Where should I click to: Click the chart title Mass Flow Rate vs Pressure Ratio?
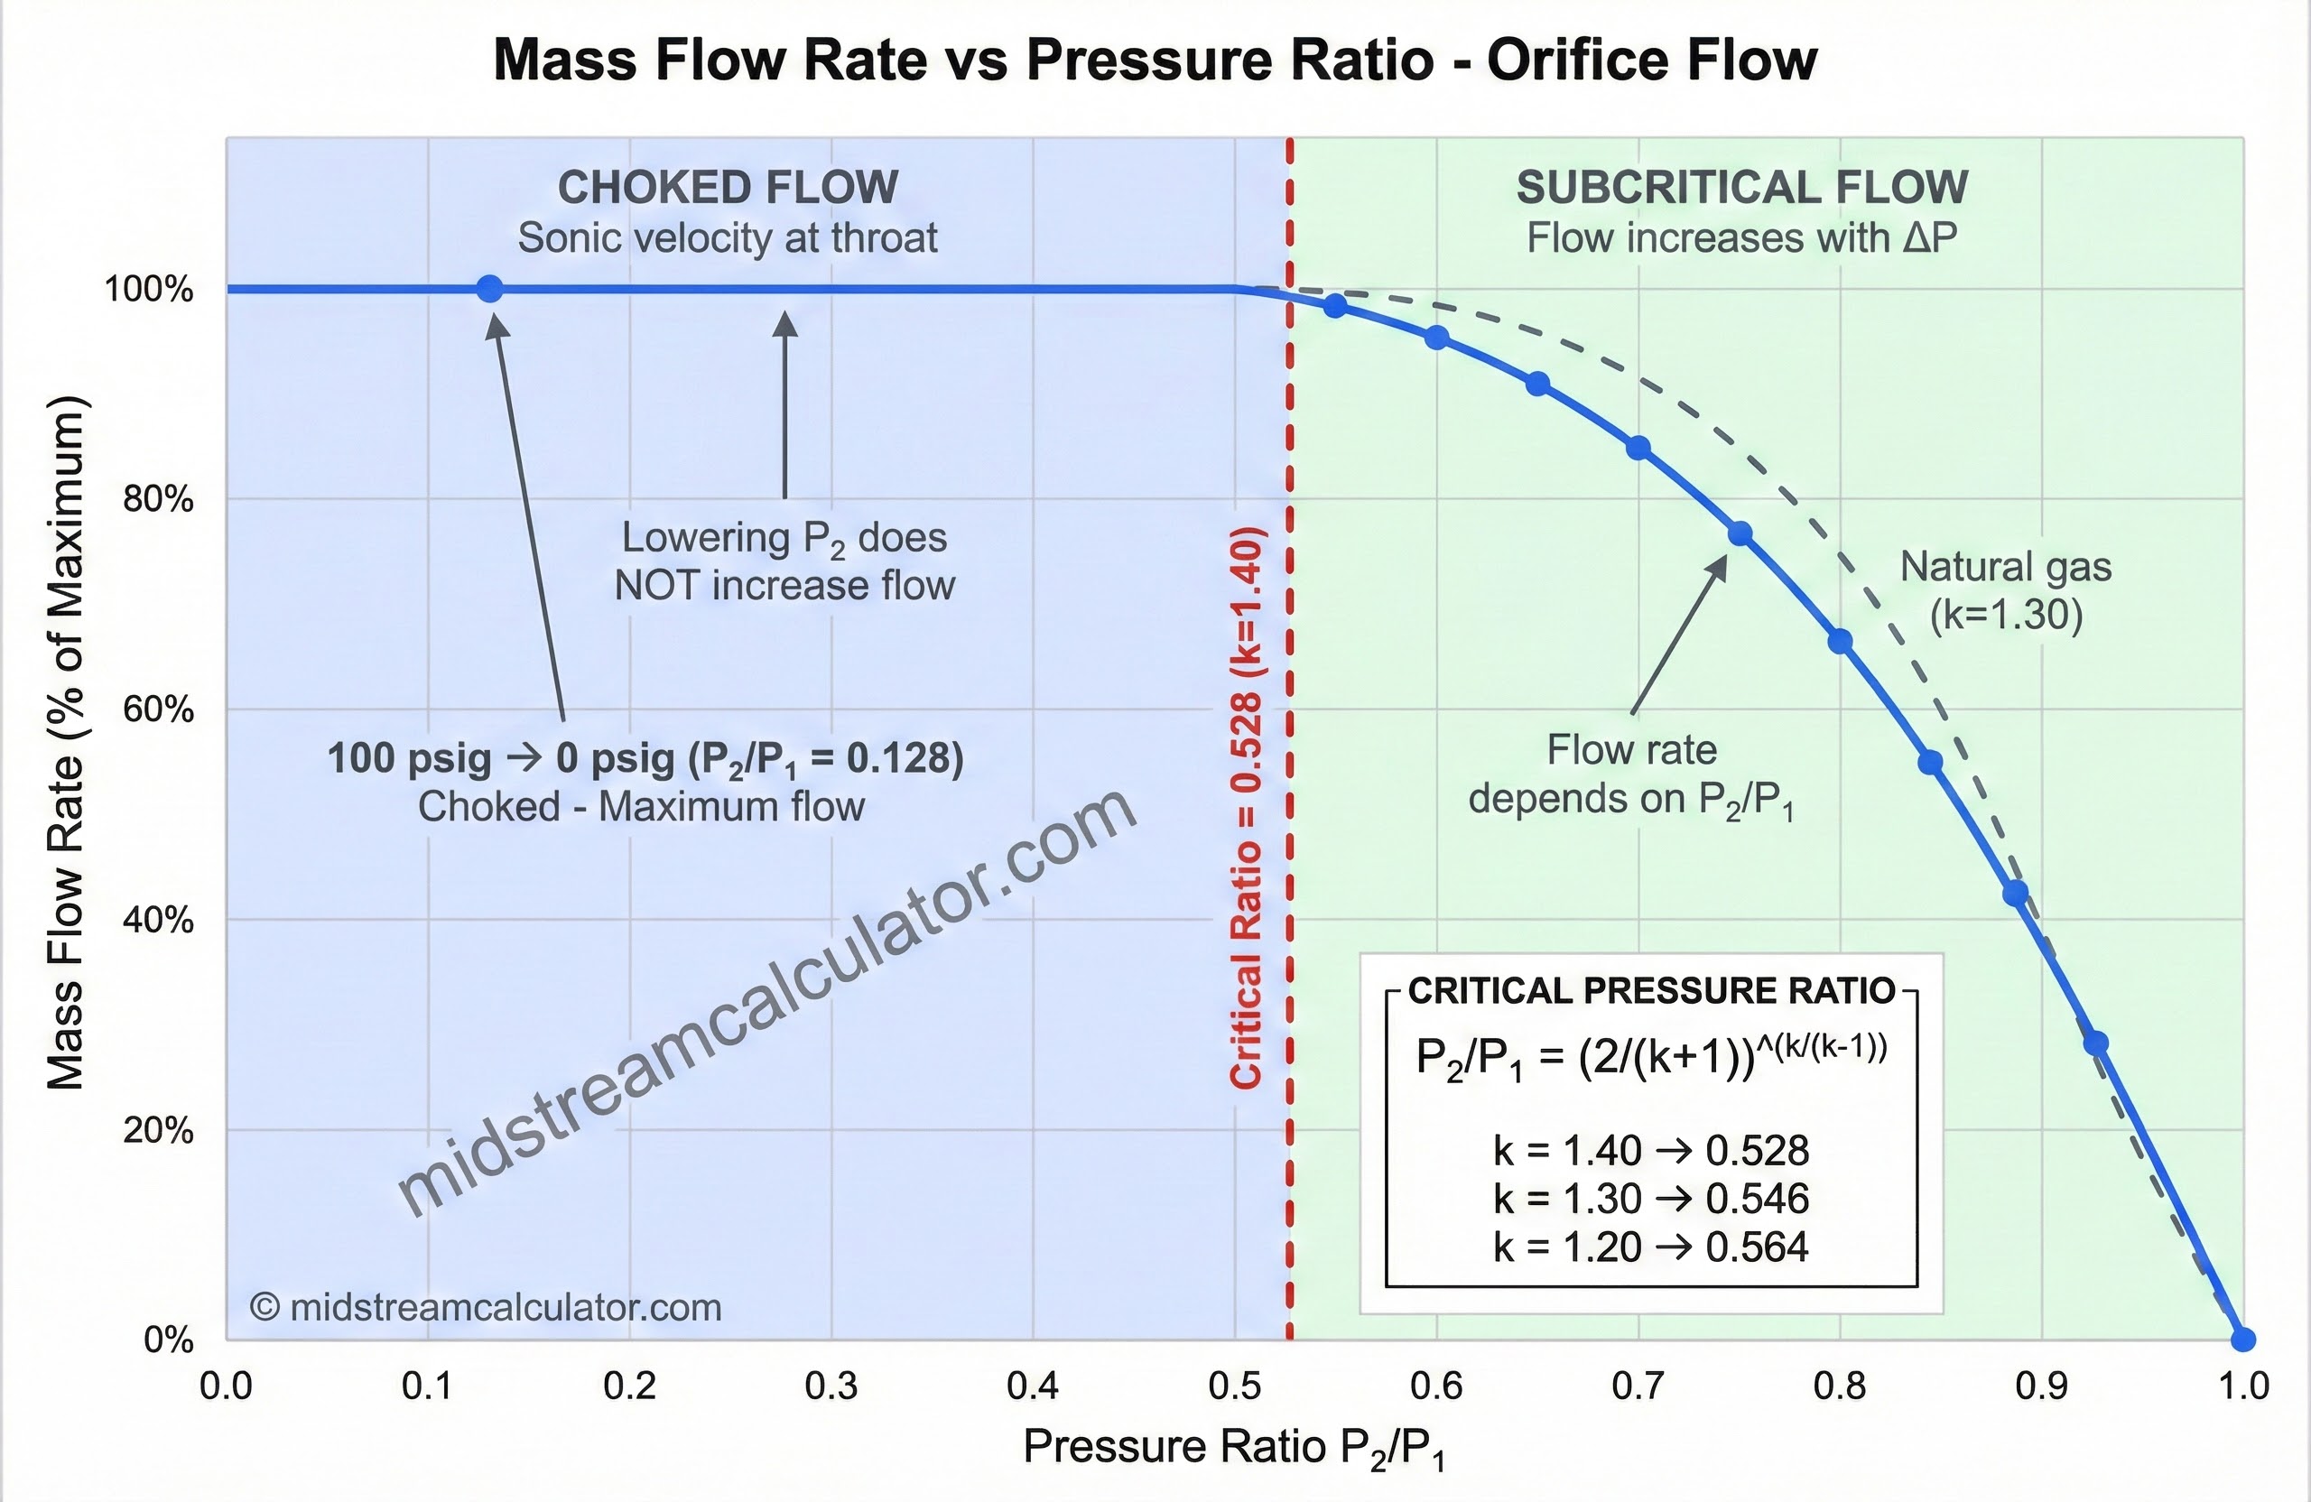click(1155, 60)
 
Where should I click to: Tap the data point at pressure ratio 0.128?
click(490, 288)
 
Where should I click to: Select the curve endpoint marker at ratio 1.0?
click(2242, 1340)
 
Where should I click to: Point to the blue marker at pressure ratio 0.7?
click(1638, 448)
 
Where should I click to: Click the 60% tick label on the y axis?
click(158, 709)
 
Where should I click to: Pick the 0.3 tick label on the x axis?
click(831, 1386)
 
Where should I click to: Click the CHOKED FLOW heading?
click(728, 188)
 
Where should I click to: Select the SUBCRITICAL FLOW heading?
click(1742, 188)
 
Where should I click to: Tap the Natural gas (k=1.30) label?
click(2005, 590)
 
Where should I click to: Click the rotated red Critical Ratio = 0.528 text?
click(1246, 808)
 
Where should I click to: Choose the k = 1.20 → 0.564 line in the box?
click(1651, 1247)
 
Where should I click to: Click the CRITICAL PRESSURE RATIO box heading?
click(1651, 990)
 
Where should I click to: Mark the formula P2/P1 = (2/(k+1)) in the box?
click(1651, 1056)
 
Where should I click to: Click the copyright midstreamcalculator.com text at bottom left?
click(486, 1308)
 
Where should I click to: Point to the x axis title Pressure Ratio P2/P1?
click(1234, 1448)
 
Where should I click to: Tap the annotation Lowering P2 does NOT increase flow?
click(784, 561)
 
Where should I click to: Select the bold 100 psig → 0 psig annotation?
click(645, 758)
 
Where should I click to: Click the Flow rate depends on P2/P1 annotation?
click(1631, 774)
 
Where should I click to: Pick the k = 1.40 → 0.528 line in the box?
click(1651, 1151)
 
